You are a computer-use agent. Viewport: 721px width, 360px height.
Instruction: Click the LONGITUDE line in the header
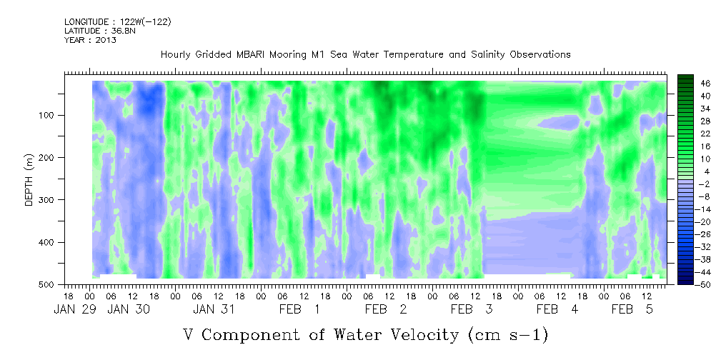[x=118, y=21]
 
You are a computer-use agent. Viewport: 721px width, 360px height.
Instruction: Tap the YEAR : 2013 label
[x=90, y=40]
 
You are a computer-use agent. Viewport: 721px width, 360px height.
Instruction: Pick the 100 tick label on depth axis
[x=49, y=115]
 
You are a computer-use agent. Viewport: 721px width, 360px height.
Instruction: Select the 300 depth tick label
[x=49, y=199]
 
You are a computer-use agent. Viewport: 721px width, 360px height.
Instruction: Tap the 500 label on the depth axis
[x=49, y=284]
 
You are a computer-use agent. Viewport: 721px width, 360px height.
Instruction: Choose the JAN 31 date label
[x=214, y=309]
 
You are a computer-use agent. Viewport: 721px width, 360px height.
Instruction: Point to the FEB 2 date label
[x=386, y=309]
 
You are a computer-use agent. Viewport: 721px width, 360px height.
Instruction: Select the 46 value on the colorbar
[x=706, y=84]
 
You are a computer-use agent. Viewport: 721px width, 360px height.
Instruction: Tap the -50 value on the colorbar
[x=704, y=284]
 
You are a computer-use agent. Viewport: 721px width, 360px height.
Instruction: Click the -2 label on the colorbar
[x=704, y=184]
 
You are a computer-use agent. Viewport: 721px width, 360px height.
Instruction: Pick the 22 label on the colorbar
[x=706, y=136]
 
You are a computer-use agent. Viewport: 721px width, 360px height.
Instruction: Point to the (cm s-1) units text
[x=508, y=336]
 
